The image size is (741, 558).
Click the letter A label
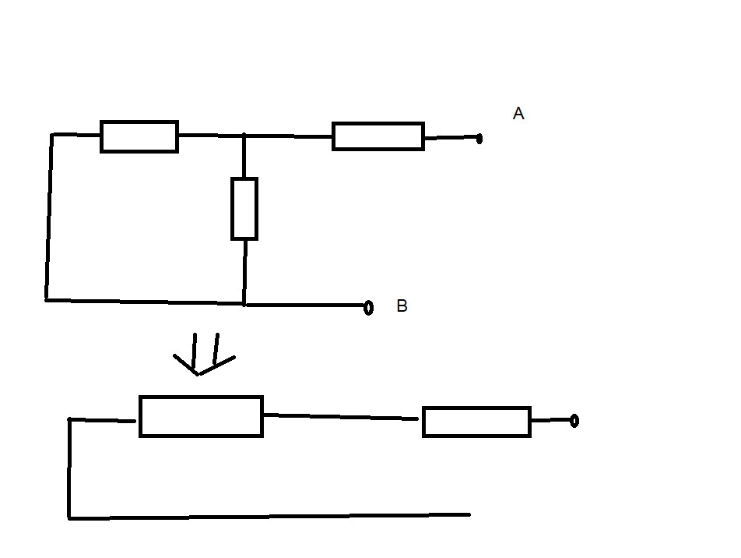(518, 114)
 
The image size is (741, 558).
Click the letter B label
(402, 305)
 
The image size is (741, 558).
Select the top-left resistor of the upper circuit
(139, 136)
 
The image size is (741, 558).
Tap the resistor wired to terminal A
(378, 136)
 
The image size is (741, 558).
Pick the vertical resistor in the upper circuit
(244, 208)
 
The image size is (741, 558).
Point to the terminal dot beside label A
(479, 139)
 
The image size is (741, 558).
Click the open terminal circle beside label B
(369, 307)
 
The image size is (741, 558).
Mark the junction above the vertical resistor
(244, 136)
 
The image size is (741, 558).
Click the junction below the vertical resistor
(244, 304)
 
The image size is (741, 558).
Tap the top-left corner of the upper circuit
(52, 135)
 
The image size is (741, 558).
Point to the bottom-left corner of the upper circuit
(47, 299)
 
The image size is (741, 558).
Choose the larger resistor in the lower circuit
(201, 416)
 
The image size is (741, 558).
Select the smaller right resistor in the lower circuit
(476, 422)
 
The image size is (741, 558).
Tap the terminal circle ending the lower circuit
(574, 421)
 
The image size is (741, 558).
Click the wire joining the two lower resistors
(342, 417)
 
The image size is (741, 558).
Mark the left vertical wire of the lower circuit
(69, 468)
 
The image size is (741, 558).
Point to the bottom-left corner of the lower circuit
(69, 517)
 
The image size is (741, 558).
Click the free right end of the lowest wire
(469, 514)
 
